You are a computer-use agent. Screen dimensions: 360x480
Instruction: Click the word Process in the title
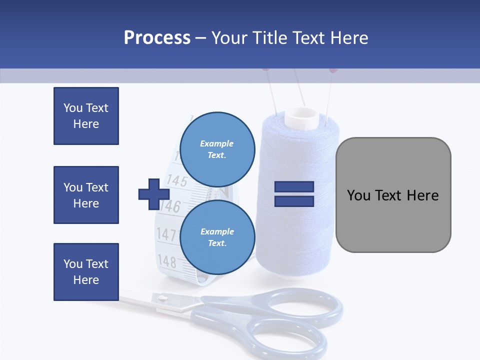(x=157, y=38)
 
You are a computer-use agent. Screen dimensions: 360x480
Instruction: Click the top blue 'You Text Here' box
(x=86, y=116)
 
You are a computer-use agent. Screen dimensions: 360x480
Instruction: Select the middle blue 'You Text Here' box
(x=86, y=195)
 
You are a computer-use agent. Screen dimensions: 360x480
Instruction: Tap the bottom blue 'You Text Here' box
(x=86, y=272)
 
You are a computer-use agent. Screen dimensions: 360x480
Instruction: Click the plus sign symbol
(x=154, y=194)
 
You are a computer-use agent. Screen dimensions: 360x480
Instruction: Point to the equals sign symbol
(x=294, y=194)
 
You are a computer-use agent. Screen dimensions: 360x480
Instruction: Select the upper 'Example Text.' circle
(x=217, y=149)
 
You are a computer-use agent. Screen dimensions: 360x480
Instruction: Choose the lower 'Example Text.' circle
(x=217, y=237)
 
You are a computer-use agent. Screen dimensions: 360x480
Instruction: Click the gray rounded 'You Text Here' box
(x=393, y=195)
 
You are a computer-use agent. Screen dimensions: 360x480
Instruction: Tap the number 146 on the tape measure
(x=170, y=205)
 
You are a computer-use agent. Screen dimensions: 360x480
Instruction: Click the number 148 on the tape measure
(x=166, y=261)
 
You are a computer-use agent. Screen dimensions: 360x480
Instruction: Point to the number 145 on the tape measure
(x=176, y=179)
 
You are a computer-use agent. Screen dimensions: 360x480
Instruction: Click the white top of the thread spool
(x=301, y=117)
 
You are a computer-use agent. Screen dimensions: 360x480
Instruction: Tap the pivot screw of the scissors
(x=162, y=298)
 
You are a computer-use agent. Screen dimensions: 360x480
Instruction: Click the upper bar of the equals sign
(x=294, y=187)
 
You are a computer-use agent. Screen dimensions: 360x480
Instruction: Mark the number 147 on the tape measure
(x=166, y=234)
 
